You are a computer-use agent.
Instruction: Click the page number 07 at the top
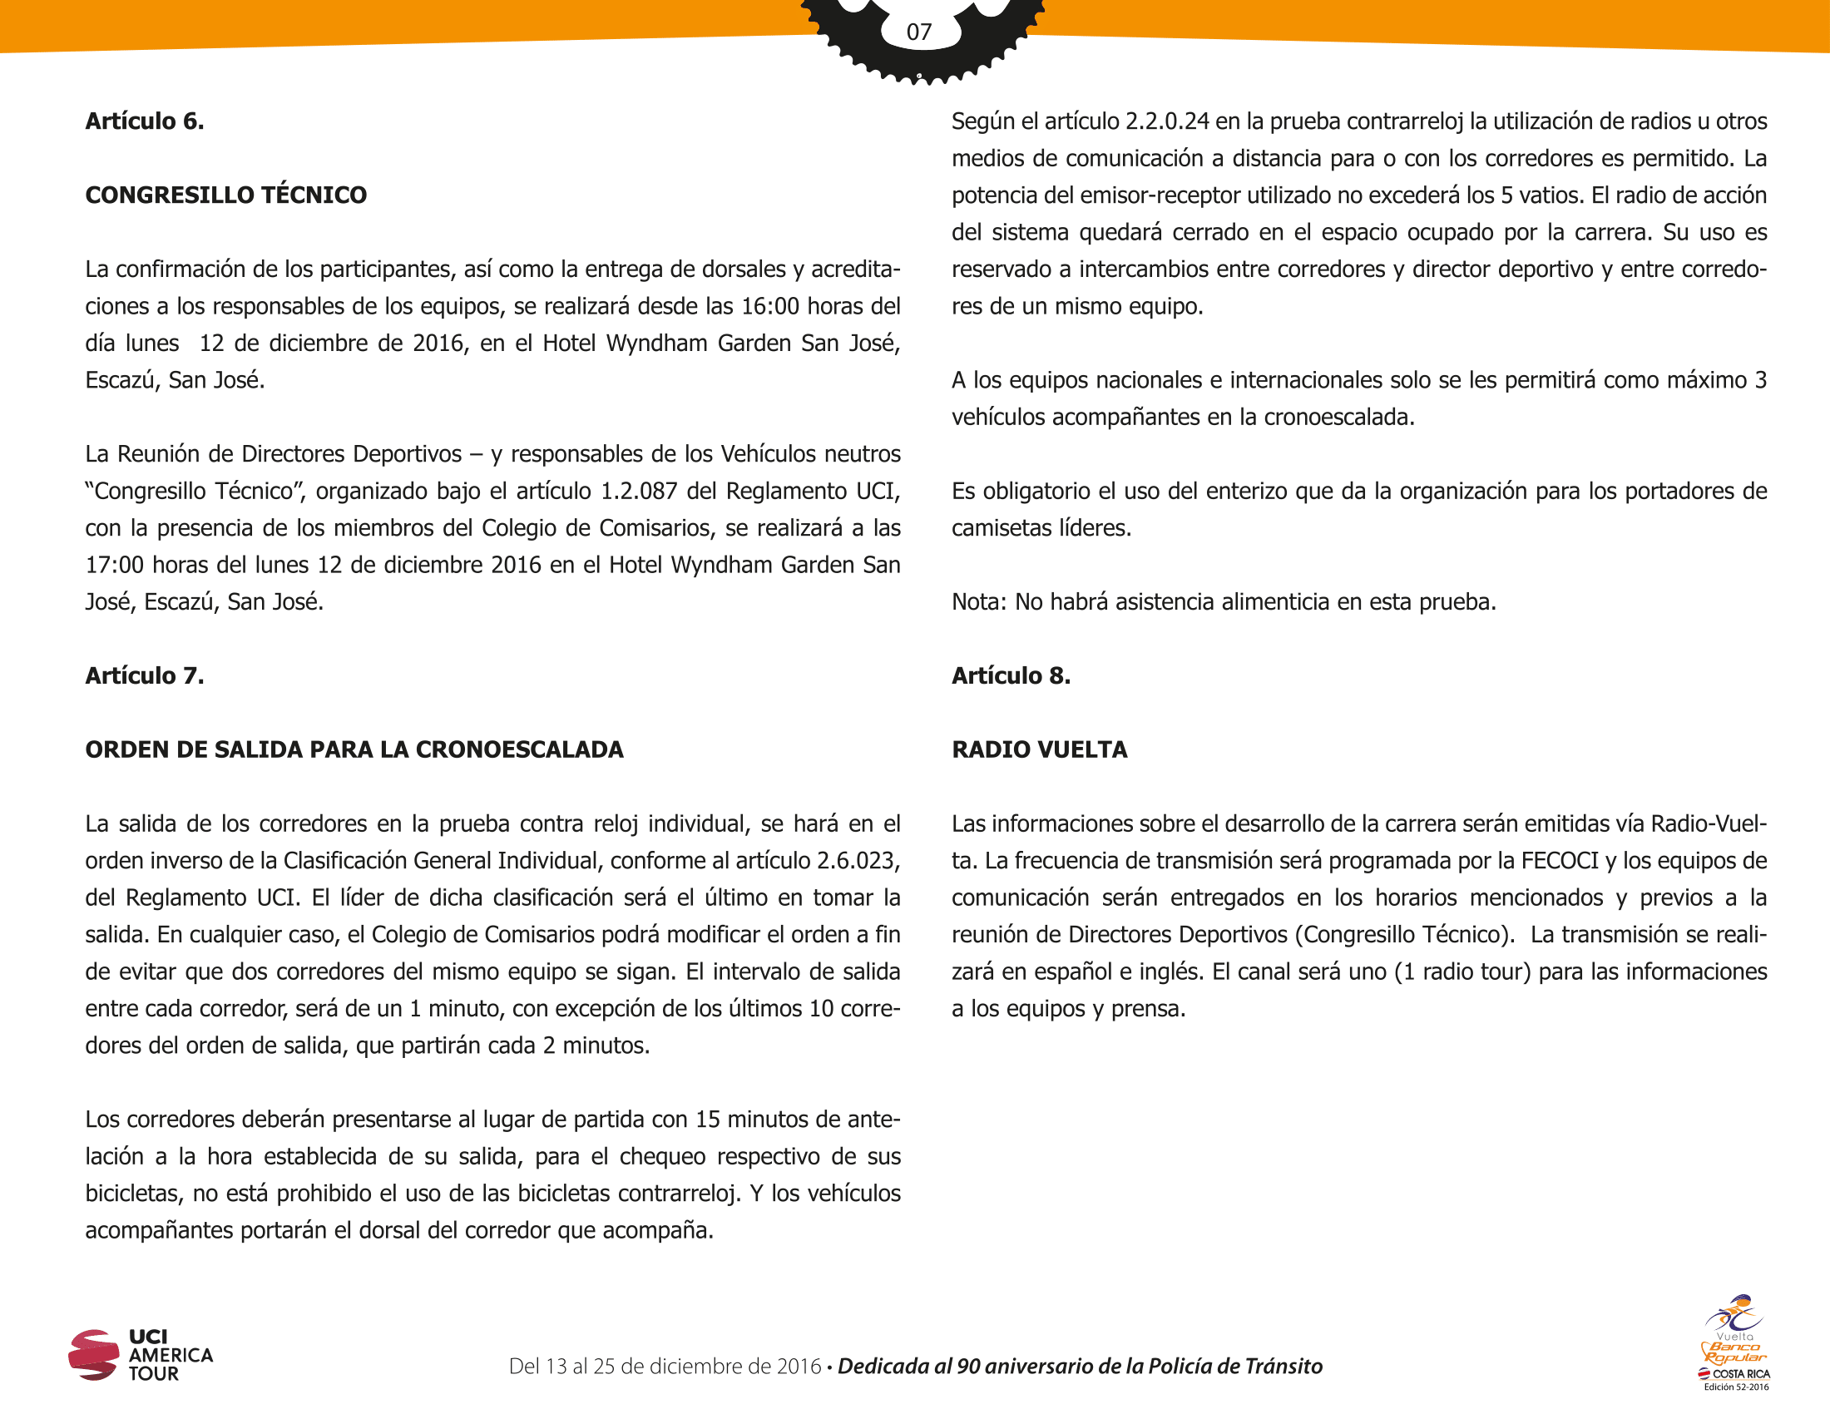pos(918,32)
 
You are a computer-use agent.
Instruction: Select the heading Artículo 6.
pos(144,121)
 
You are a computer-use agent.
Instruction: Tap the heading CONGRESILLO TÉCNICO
pos(226,195)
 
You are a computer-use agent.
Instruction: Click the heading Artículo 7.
pos(144,676)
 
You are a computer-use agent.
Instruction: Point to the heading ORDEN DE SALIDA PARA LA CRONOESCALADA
pos(354,749)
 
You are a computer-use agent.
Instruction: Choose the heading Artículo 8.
pos(1011,676)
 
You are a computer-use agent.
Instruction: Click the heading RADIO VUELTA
pos(1039,749)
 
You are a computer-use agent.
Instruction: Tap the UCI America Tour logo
pos(141,1353)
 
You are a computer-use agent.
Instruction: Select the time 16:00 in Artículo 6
pos(770,307)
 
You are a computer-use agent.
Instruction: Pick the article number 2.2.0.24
pos(1166,122)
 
